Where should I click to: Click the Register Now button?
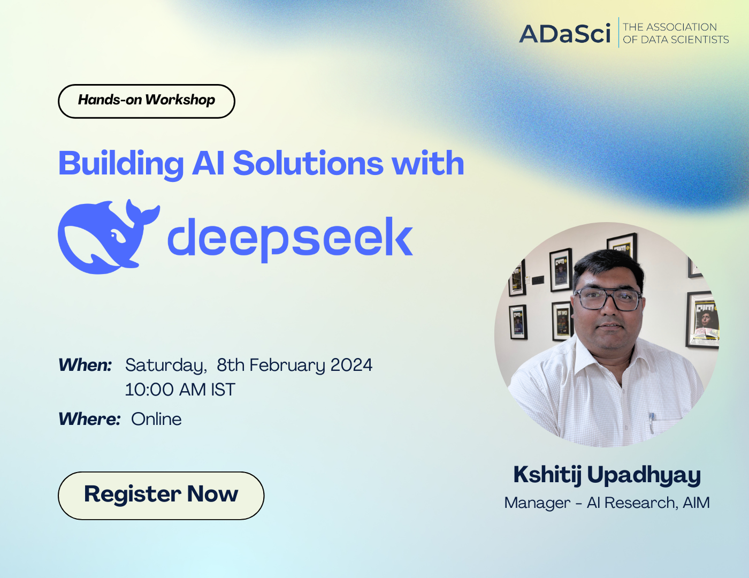(x=160, y=495)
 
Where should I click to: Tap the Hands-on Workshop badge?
(x=146, y=101)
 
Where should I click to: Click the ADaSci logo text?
(x=564, y=34)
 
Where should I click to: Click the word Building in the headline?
(x=121, y=164)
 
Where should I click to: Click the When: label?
(x=85, y=365)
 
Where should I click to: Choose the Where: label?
(x=89, y=419)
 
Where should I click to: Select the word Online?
(x=156, y=419)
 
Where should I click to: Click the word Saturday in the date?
(x=165, y=366)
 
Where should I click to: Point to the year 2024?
(x=351, y=365)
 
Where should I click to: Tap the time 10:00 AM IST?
(x=180, y=390)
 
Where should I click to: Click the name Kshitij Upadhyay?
(x=607, y=475)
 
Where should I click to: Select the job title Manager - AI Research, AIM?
(x=607, y=503)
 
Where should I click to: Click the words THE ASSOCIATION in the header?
(x=669, y=27)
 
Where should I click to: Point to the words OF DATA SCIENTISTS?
(x=675, y=40)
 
